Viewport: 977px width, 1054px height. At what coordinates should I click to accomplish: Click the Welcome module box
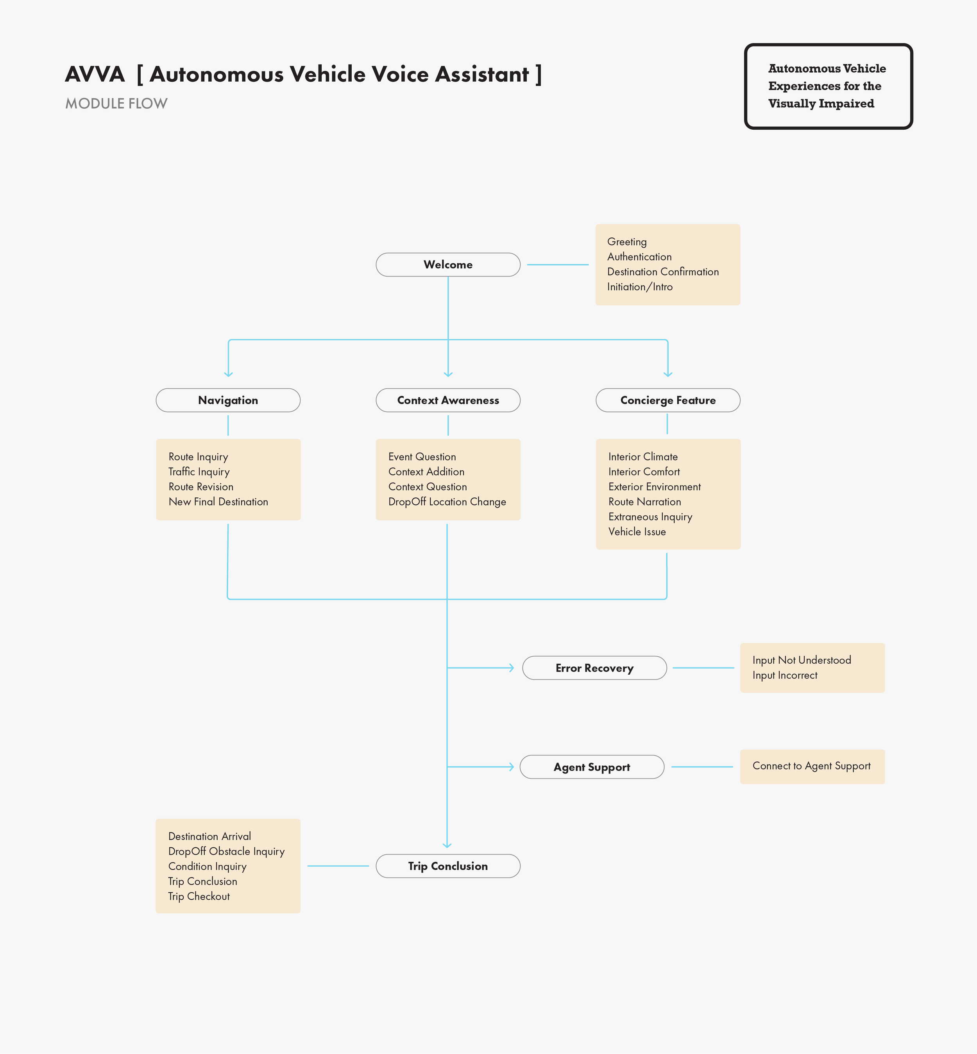click(448, 265)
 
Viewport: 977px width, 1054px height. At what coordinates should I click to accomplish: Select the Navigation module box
click(228, 400)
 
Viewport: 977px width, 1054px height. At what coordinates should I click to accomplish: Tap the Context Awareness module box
click(448, 400)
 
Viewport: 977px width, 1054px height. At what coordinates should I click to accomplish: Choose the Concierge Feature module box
click(668, 400)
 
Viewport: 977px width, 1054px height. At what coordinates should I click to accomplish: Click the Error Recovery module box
click(594, 668)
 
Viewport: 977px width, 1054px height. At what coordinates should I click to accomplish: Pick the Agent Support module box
click(592, 767)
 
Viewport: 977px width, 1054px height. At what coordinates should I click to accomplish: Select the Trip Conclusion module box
click(448, 866)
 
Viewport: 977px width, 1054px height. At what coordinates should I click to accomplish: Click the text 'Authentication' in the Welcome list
click(639, 257)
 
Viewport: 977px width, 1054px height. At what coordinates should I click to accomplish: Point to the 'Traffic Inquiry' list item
click(199, 472)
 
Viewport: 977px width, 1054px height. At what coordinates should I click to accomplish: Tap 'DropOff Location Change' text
click(447, 502)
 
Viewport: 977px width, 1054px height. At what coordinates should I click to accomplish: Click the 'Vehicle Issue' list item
click(637, 532)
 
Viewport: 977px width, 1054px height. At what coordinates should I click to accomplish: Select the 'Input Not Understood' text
click(802, 660)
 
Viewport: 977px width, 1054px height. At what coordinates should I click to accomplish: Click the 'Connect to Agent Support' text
click(811, 766)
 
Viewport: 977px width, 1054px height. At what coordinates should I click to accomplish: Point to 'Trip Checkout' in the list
click(199, 897)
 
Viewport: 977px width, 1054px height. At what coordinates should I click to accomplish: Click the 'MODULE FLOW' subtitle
click(116, 104)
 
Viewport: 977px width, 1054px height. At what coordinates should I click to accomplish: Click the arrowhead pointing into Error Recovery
click(511, 668)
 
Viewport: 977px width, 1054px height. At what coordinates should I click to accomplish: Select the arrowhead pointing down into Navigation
click(228, 374)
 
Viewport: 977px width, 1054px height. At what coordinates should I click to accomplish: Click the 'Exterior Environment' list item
click(655, 487)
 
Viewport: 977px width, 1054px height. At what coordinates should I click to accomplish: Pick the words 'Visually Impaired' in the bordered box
click(821, 104)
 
